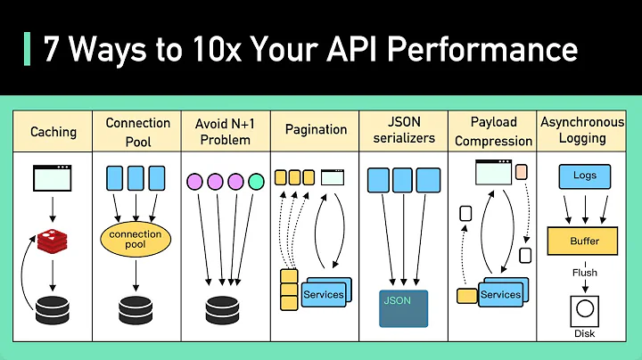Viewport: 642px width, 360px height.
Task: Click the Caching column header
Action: click(53, 131)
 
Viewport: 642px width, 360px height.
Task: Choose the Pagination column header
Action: click(315, 130)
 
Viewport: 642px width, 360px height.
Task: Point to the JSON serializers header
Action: click(404, 130)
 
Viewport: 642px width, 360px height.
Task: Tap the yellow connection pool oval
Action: click(136, 240)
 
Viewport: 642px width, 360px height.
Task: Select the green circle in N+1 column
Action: click(257, 182)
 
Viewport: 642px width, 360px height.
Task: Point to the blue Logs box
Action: click(584, 176)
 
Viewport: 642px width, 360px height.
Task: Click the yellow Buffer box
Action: click(584, 241)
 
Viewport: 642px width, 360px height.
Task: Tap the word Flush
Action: click(584, 273)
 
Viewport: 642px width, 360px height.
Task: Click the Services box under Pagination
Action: click(323, 293)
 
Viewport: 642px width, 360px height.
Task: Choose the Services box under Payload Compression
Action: click(500, 293)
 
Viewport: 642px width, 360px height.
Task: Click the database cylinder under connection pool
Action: click(136, 308)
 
